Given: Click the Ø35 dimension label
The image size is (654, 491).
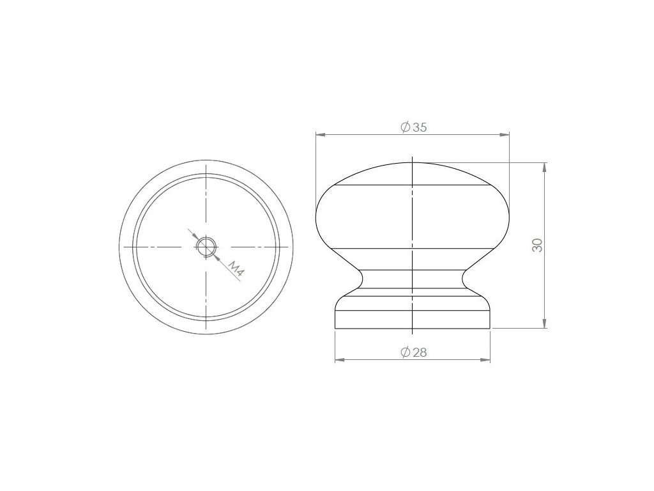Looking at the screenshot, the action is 413,127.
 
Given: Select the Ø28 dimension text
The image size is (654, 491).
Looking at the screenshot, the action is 413,352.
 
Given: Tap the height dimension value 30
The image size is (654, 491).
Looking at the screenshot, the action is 538,245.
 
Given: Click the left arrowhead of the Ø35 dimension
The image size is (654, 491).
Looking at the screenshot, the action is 321,134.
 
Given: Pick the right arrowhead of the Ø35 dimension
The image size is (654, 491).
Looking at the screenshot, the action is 505,134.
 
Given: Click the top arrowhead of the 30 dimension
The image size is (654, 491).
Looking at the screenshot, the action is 544,168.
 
